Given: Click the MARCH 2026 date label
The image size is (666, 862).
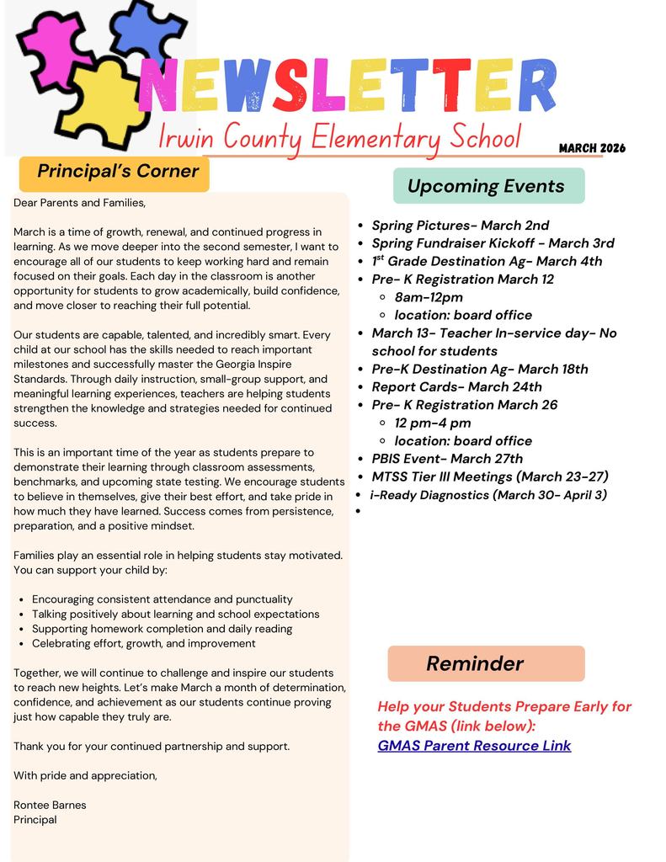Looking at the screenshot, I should point(592,148).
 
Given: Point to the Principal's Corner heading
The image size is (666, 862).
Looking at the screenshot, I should point(117,172).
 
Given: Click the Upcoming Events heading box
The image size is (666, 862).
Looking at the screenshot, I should point(488,186).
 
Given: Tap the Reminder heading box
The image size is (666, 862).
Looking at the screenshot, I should point(486,663).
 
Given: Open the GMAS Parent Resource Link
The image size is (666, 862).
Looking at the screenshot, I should point(474,745).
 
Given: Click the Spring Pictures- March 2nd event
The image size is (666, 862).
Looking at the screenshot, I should point(460,226).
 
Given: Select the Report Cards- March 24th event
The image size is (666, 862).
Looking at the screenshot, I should point(456,387).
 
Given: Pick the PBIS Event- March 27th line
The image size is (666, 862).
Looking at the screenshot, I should point(447,459).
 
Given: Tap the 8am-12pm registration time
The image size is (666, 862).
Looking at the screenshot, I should point(429,297).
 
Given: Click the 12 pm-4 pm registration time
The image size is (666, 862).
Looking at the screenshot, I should point(433,423).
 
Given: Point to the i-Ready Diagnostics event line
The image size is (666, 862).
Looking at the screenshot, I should point(488,495).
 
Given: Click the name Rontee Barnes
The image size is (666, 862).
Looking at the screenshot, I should point(50,805).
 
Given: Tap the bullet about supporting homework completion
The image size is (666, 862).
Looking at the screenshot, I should point(162,629).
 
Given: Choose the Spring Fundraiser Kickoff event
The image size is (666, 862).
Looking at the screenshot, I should point(493,243).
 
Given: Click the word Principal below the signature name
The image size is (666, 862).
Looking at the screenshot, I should point(35,819).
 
